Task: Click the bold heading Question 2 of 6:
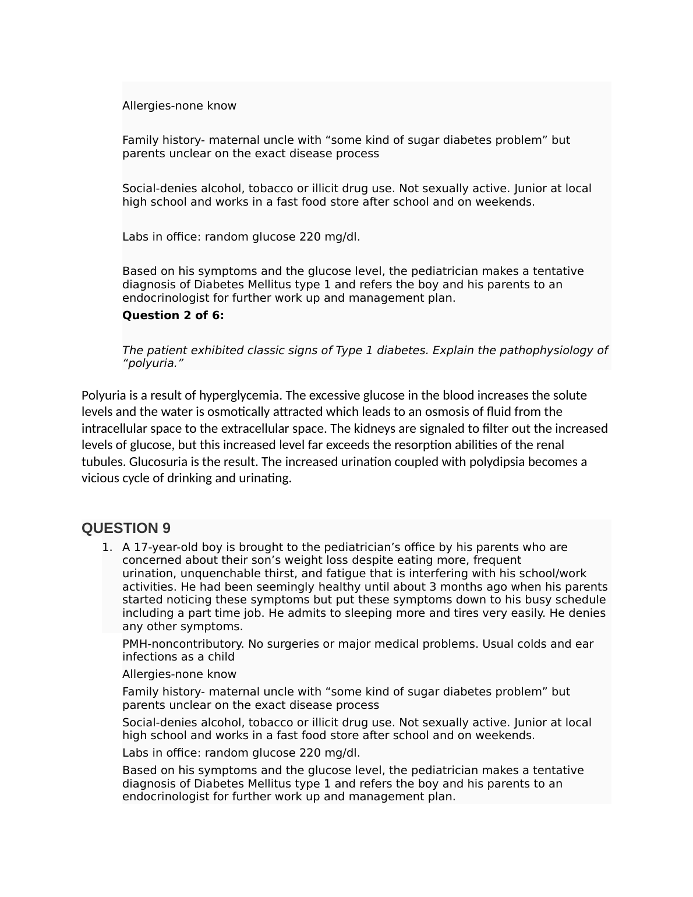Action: coord(173,316)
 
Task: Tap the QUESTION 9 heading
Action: coord(126,528)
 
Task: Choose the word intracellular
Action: coord(116,429)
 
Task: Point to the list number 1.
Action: coord(106,548)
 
